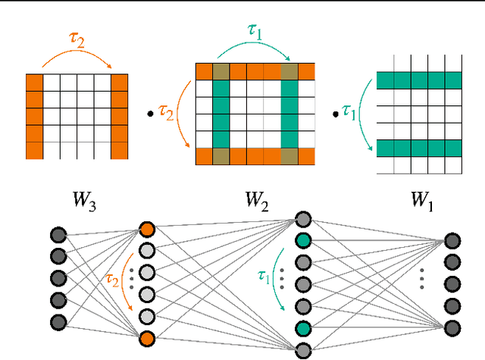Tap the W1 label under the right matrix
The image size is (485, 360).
coord(422,201)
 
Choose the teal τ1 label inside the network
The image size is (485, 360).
coord(263,275)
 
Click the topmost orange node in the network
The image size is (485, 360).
coord(147,230)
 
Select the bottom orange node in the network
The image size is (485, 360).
coord(147,337)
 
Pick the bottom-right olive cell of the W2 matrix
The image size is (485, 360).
coord(289,157)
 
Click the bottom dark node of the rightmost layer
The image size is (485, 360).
coord(452,327)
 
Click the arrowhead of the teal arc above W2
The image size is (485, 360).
coord(289,61)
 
